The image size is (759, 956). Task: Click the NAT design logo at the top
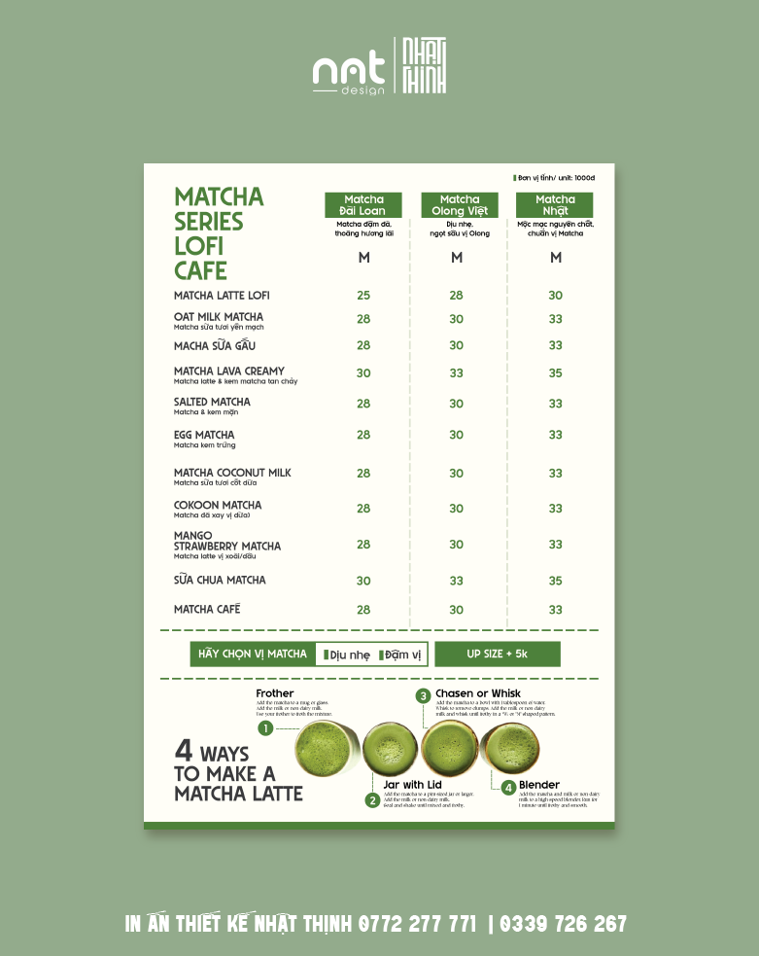click(349, 71)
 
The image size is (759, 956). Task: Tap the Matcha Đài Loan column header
click(363, 205)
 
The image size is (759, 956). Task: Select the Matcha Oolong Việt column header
click(460, 205)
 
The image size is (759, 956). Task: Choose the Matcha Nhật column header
click(555, 205)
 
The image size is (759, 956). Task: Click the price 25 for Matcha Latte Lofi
click(363, 296)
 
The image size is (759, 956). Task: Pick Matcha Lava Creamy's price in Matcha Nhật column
click(555, 373)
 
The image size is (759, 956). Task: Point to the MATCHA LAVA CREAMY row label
click(229, 372)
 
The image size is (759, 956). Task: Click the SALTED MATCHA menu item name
click(212, 402)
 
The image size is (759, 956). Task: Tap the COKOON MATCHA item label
click(218, 506)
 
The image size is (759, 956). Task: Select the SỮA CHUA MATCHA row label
click(220, 581)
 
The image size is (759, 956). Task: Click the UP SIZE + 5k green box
click(498, 654)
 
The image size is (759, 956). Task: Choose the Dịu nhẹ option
click(348, 655)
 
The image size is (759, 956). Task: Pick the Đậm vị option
click(401, 655)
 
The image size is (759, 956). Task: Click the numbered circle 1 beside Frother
click(265, 728)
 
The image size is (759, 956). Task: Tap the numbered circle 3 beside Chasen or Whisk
click(423, 695)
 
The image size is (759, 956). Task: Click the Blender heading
click(539, 785)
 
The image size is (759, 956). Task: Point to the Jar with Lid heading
click(413, 785)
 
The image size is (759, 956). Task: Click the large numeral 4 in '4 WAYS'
click(184, 751)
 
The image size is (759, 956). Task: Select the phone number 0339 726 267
click(565, 924)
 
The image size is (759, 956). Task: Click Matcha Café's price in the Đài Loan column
click(363, 610)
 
